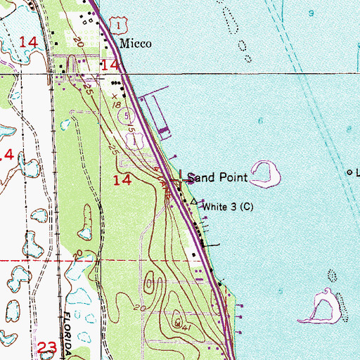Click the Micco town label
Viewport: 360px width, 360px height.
[135, 43]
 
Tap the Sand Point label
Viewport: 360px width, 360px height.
[217, 178]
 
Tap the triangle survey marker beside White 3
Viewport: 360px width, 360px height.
[195, 201]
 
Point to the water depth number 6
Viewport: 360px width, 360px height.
[260, 122]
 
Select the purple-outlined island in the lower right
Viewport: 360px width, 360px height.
[324, 307]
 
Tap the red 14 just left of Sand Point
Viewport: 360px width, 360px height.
[122, 181]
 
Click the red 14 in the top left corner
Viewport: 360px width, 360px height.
[29, 42]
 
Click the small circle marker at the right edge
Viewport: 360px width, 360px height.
[349, 172]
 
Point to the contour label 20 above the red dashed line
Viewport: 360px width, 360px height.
[77, 252]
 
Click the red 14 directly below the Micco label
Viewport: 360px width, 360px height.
[110, 65]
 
